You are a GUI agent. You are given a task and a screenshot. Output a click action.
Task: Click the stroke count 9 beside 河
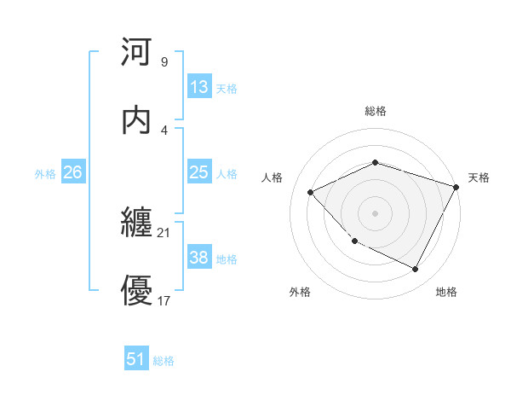coord(164,62)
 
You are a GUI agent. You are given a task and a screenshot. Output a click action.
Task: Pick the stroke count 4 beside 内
coord(164,130)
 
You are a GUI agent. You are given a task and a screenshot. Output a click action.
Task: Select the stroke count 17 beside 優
coord(164,300)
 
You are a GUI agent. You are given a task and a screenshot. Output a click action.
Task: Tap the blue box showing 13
coord(199,87)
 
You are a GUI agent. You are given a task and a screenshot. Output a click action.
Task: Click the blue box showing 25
coord(199,172)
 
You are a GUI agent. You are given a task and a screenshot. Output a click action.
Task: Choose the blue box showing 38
coord(199,258)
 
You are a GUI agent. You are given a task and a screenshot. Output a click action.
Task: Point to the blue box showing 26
coord(73,172)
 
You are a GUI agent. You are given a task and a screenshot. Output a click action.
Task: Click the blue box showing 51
coord(136,359)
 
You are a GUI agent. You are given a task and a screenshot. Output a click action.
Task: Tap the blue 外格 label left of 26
coord(45,174)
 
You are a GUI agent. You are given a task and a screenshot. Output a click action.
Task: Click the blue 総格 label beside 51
coord(164,361)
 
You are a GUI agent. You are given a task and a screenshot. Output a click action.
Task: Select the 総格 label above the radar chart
coord(376,111)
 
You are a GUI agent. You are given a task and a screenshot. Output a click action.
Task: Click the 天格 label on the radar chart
coord(479,177)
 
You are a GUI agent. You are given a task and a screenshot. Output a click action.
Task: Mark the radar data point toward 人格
coord(311,192)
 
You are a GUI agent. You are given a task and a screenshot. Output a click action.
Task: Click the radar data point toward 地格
coord(415,269)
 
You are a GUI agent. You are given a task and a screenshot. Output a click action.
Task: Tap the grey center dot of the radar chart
coord(376,212)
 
